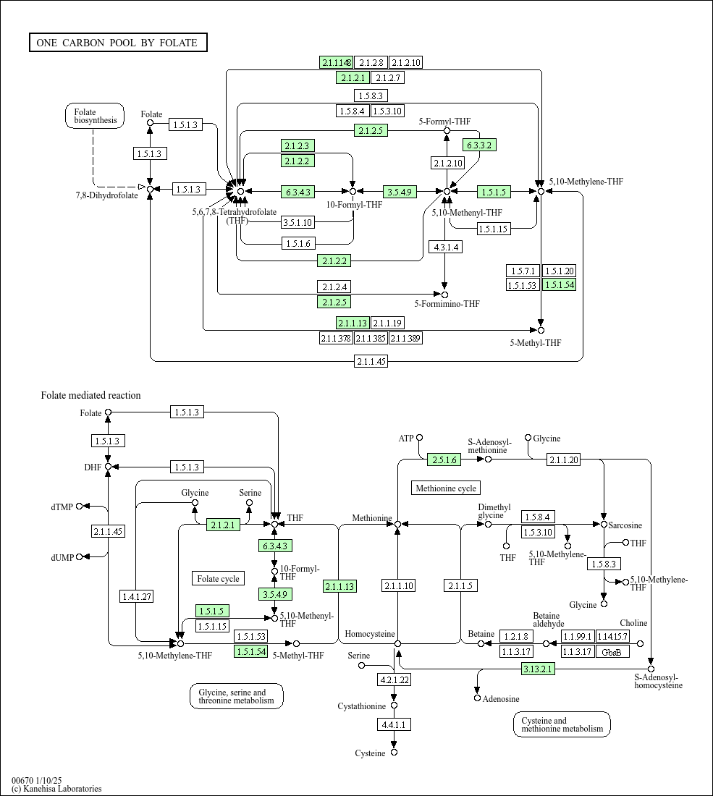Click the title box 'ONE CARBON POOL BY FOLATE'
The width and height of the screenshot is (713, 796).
[x=118, y=43]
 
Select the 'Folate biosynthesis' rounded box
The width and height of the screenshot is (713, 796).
[x=95, y=117]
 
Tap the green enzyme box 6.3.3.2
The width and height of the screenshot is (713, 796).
[x=480, y=145]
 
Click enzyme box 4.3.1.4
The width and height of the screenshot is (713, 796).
[x=445, y=247]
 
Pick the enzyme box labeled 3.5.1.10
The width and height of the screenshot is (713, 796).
[x=298, y=222]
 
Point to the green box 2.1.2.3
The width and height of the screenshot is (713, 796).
[x=298, y=146]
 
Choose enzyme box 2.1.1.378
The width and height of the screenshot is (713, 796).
[x=335, y=338]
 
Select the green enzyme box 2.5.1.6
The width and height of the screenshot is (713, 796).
[x=444, y=460]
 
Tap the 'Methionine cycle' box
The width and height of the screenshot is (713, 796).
[x=446, y=488]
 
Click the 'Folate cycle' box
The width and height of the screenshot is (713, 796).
[x=218, y=578]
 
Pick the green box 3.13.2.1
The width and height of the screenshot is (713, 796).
[x=538, y=669]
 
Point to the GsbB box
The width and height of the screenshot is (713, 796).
[x=612, y=651]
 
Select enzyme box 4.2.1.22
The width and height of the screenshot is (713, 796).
[x=394, y=679]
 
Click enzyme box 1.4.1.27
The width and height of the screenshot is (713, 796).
[x=137, y=596]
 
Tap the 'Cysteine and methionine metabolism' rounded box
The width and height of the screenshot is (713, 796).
[x=562, y=724]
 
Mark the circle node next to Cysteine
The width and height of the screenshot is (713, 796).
[x=394, y=753]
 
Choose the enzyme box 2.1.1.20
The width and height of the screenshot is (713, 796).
[x=563, y=460]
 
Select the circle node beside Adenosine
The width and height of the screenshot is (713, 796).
[x=477, y=698]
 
